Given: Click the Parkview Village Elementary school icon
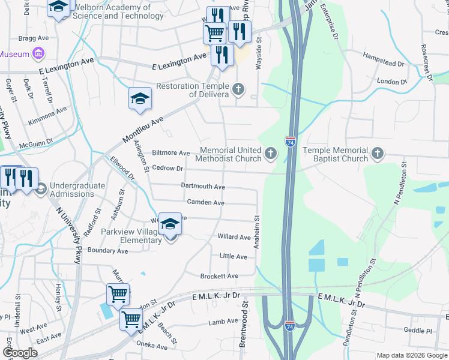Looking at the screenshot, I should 170,225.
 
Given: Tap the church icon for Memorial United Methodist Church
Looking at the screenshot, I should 271,154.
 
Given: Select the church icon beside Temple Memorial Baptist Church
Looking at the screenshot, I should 377,154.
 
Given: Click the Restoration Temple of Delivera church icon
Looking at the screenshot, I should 238,90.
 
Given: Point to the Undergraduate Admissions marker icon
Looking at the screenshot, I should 41,190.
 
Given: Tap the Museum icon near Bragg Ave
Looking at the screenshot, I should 38,54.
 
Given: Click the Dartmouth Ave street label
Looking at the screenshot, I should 203,187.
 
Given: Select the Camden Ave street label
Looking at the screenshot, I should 205,203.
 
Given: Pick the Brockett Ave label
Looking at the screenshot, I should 219,276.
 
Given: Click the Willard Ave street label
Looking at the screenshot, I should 234,237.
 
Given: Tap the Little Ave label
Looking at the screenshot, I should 233,257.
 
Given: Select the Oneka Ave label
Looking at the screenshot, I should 152,346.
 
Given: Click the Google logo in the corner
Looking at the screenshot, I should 20,353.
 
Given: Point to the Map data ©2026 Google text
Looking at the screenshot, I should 412,355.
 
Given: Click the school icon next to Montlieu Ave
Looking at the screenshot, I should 140,99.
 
